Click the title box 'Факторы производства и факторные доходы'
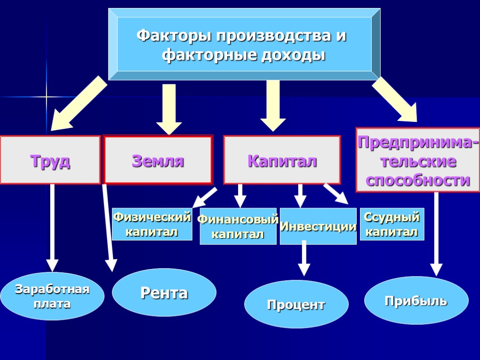[x=244, y=44]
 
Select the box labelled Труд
[x=50, y=160]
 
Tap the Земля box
[x=158, y=160]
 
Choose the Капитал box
[x=282, y=160]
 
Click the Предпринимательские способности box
[x=418, y=160]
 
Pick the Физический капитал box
[x=152, y=224]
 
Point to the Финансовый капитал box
[x=238, y=227]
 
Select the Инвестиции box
[x=318, y=227]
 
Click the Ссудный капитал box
[x=392, y=224]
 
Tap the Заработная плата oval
[x=52, y=296]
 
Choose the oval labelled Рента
[x=164, y=293]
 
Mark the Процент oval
[x=296, y=304]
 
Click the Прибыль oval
[x=416, y=300]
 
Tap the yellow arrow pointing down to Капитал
[x=273, y=105]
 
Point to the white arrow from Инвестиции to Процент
[x=304, y=257]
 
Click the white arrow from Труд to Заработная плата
[x=52, y=227]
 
